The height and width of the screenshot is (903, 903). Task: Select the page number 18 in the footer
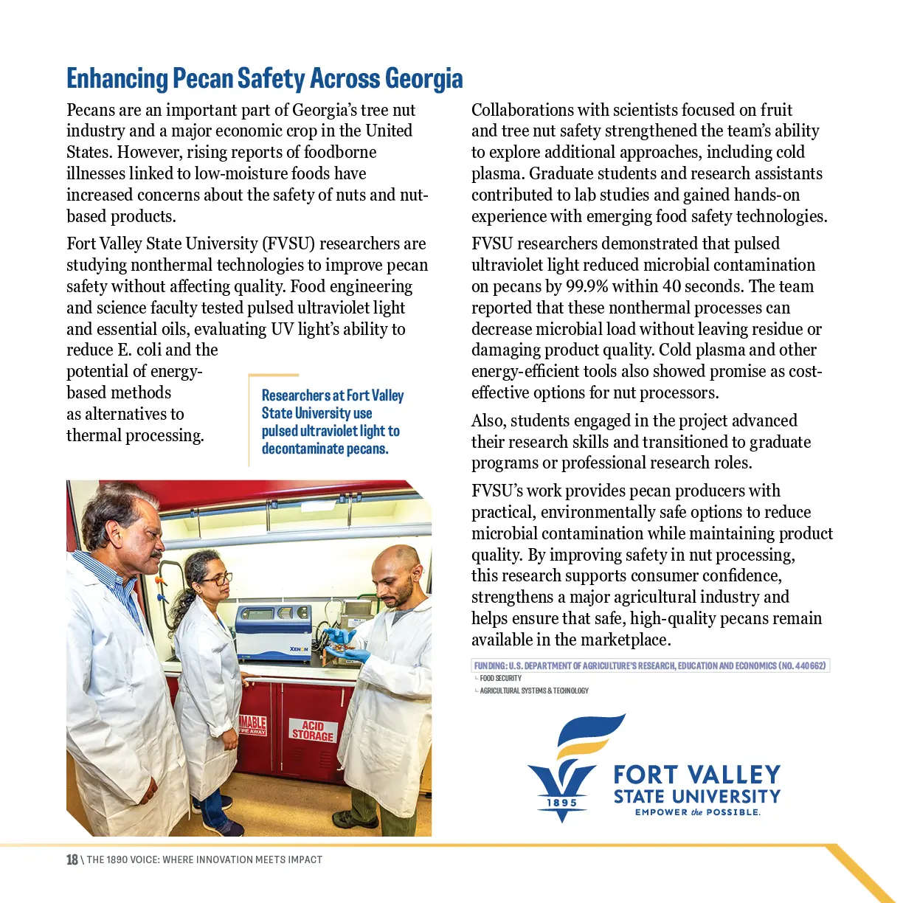point(72,859)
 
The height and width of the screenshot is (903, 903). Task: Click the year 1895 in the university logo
point(562,803)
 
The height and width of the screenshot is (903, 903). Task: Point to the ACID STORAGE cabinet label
point(313,730)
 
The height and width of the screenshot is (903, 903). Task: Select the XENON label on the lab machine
point(299,649)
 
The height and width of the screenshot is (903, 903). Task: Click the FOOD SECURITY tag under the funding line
point(500,678)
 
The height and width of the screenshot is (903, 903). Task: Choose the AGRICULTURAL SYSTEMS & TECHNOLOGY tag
point(534,691)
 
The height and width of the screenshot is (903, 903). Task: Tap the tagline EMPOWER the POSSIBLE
point(697,812)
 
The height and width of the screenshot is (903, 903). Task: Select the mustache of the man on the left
point(153,553)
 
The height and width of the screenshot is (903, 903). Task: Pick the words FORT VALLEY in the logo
point(696,775)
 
